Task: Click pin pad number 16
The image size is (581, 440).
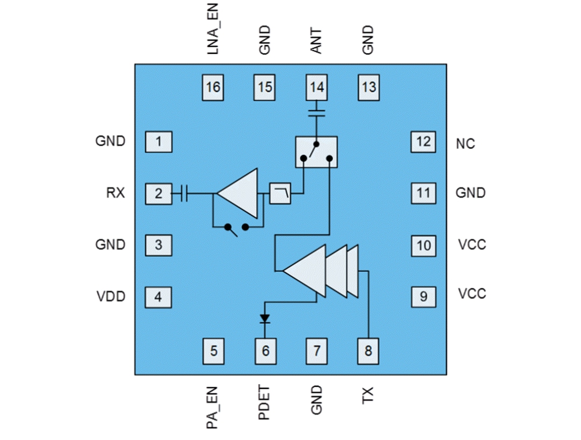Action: [x=213, y=87]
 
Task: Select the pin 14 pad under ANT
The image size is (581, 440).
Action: [x=317, y=87]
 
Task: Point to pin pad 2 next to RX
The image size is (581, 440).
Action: [x=158, y=193]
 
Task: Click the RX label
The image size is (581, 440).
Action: [x=116, y=193]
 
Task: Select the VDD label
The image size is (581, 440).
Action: [x=111, y=296]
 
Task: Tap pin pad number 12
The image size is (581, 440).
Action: [x=423, y=141]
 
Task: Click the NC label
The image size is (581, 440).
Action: [x=465, y=144]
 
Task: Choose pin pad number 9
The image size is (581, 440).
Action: [x=423, y=296]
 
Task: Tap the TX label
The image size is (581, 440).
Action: [x=369, y=395]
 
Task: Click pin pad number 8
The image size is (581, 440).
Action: [x=369, y=351]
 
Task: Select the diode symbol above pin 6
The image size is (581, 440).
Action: [x=265, y=319]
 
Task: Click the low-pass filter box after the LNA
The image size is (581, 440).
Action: [x=280, y=193]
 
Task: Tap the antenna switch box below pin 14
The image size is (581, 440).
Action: [x=316, y=152]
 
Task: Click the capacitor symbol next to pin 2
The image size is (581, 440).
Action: [x=184, y=193]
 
